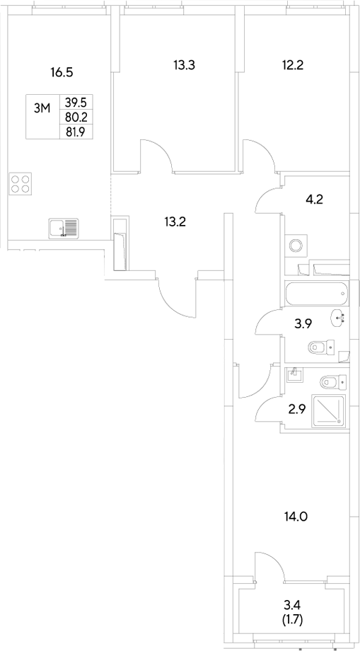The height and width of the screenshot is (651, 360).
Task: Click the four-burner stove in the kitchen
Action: point(21,184)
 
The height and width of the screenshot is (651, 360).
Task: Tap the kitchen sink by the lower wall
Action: point(64,228)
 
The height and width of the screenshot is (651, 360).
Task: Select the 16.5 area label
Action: point(62,71)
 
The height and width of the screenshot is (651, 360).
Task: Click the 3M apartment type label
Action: point(42,108)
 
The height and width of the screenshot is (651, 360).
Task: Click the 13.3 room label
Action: point(184,66)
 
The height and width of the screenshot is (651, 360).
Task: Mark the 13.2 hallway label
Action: point(175,221)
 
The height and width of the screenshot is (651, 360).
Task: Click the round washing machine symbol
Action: point(296,245)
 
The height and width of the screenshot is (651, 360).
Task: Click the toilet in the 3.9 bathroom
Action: point(320,347)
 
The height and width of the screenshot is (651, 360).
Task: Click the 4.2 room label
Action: point(314,199)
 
